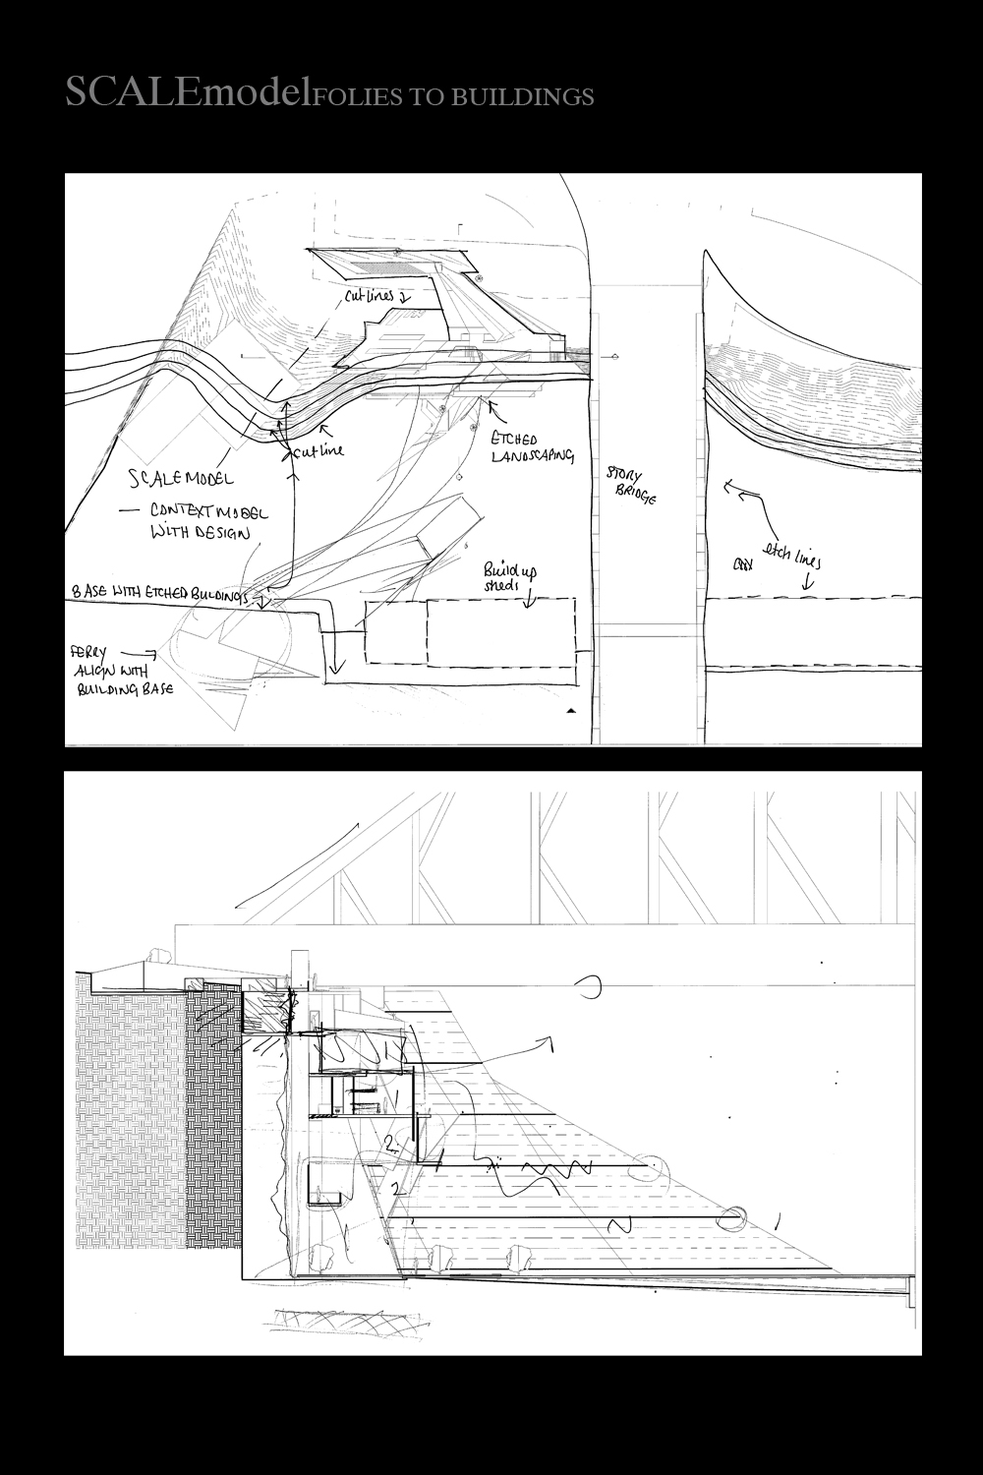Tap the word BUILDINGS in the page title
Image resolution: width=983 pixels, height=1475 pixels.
point(532,96)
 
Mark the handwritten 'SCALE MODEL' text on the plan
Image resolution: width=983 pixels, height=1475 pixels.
point(182,479)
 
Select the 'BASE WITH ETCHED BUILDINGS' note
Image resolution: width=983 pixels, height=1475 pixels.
point(162,593)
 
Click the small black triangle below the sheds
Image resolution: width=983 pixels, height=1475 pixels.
point(572,709)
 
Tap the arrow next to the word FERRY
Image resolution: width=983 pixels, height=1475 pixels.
point(144,652)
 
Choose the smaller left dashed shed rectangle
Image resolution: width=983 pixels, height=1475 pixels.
point(396,631)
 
